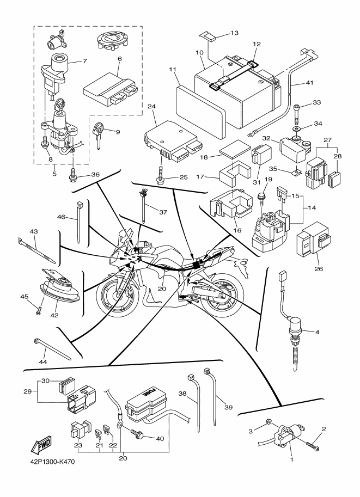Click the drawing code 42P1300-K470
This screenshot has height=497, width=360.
point(51,462)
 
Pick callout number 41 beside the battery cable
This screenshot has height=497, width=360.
point(309,83)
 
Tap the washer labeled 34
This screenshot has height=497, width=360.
point(297,129)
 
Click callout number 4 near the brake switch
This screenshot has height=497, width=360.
point(317,333)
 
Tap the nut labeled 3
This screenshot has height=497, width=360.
point(268,421)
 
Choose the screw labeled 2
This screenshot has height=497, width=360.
point(313,444)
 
